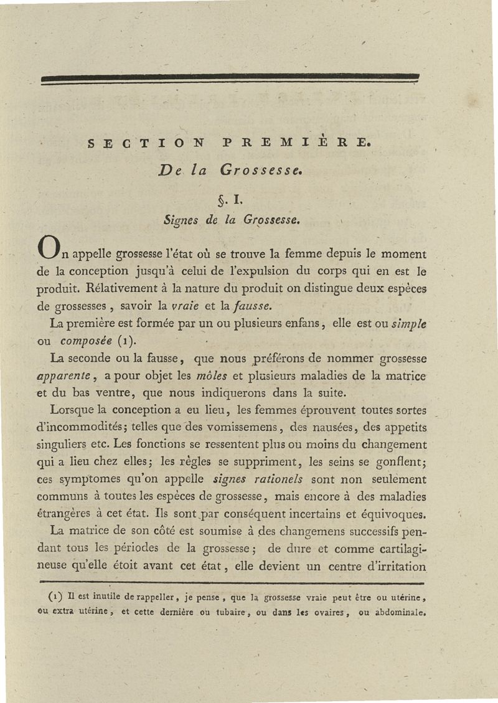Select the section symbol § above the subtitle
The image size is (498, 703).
tap(220, 200)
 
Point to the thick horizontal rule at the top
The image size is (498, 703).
tap(230, 77)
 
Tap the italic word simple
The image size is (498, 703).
tap(408, 324)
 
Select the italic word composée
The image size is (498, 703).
tap(86, 341)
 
